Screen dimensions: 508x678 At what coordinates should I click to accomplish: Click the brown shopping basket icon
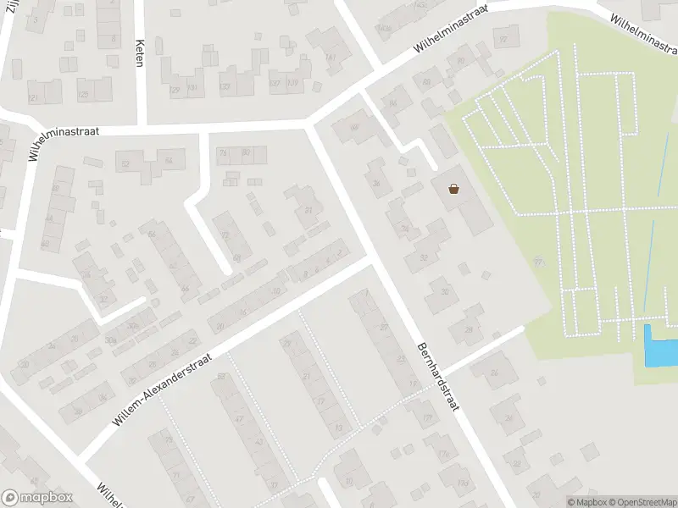tap(453, 189)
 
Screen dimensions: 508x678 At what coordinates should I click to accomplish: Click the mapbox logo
tap(37, 498)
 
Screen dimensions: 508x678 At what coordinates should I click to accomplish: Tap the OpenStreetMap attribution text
tap(642, 502)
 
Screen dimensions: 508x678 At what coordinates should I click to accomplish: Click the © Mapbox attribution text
tap(585, 502)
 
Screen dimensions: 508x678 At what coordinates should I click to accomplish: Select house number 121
tap(34, 98)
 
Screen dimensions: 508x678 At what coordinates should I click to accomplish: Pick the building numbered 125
tap(83, 93)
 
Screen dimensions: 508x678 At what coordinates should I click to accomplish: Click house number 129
tap(175, 89)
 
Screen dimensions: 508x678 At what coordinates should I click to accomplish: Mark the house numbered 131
tap(192, 87)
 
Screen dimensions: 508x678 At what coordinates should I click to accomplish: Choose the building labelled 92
tap(504, 39)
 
